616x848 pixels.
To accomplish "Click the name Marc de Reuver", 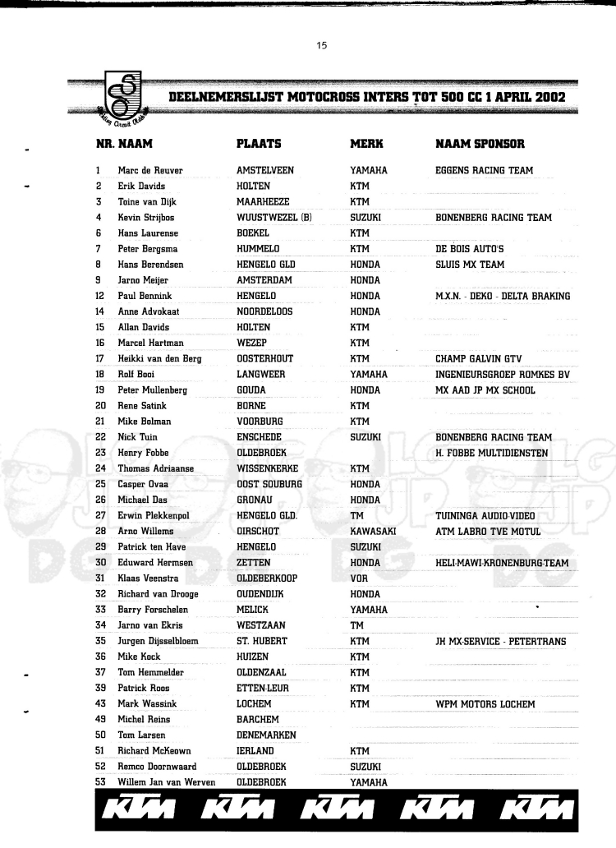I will click(x=148, y=171).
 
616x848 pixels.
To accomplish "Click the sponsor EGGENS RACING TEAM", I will click(x=484, y=171).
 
